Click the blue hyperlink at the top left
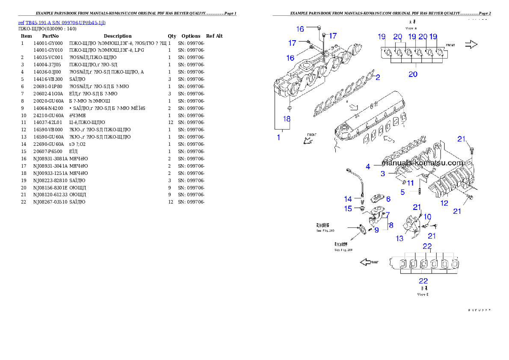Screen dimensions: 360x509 [62, 22]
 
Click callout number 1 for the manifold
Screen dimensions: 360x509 [278, 138]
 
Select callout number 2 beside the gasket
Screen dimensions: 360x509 [378, 77]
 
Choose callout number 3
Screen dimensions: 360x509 [383, 174]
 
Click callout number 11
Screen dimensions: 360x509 [410, 183]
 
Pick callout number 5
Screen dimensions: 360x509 [402, 192]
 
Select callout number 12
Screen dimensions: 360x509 [444, 203]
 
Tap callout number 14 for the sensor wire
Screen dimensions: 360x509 [348, 199]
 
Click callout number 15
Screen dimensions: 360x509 [348, 209]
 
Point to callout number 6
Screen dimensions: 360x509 [388, 199]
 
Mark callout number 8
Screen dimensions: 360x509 [391, 224]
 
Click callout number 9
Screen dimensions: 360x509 [376, 230]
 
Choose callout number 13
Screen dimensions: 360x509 [400, 239]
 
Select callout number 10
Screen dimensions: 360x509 [427, 217]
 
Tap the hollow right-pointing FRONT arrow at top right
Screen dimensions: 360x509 [471, 44]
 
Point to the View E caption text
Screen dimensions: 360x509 [423, 295]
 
